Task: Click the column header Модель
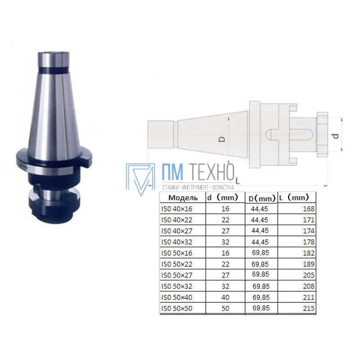183,198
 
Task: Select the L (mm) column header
294,197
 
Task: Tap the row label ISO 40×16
176,209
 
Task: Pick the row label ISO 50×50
176,309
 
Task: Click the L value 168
309,209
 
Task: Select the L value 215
309,309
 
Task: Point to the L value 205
309,275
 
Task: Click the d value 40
225,297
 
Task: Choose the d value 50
225,309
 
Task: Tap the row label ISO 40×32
176,242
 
